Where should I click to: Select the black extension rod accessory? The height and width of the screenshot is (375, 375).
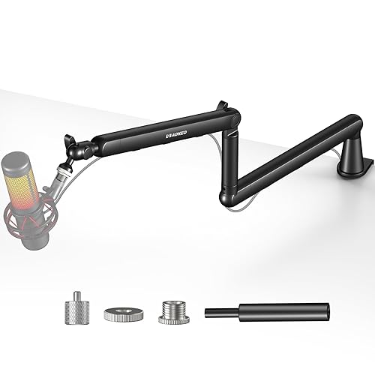coord(270,310)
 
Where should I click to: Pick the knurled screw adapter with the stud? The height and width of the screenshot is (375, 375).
coord(75,309)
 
